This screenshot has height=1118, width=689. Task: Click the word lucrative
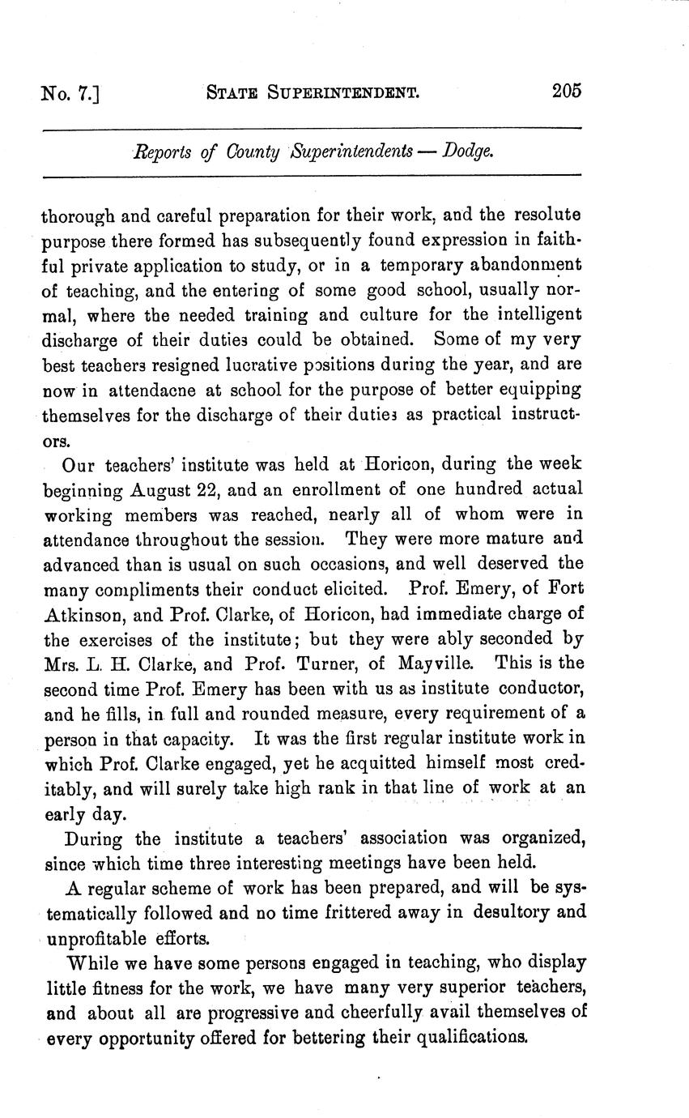pyautogui.click(x=236, y=364)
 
